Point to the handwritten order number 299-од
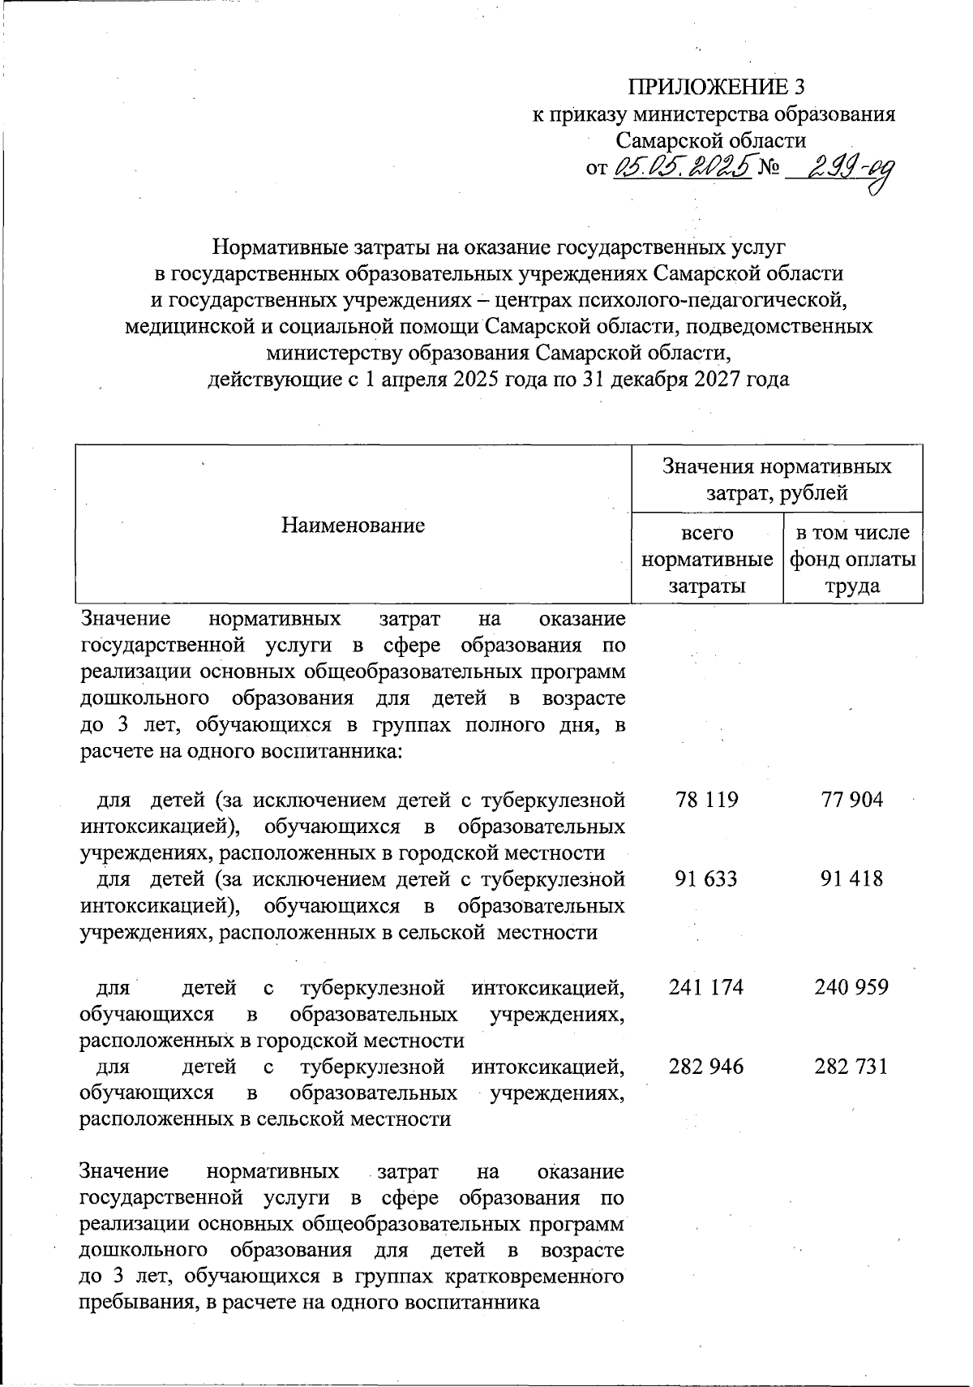(840, 170)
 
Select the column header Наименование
(353, 525)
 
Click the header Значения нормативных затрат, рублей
(776, 479)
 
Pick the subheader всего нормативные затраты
(706, 559)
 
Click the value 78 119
(706, 800)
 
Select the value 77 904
(851, 800)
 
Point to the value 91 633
(706, 878)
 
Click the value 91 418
(851, 878)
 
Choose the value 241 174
(706, 987)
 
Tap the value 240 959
(851, 987)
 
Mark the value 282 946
(706, 1066)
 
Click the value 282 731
(851, 1066)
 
